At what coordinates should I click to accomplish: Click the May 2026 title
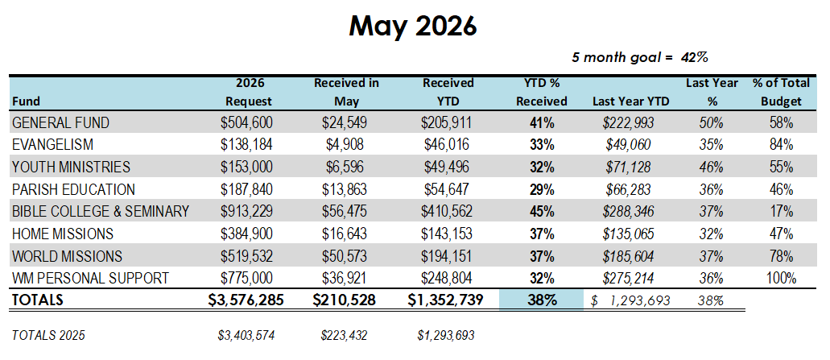413,27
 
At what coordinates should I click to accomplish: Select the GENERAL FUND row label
60,123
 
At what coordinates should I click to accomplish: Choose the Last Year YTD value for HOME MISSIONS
628,234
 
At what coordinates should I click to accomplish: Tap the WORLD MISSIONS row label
67,257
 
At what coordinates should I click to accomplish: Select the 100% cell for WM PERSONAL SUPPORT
782,279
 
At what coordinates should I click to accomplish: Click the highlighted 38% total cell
542,300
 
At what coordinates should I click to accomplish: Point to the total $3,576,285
246,300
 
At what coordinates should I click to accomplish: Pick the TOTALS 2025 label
48,335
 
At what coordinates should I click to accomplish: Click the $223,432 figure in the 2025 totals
345,335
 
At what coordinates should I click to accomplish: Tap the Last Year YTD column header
630,101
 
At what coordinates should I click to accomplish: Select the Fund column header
26,101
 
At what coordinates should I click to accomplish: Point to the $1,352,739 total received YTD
445,300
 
